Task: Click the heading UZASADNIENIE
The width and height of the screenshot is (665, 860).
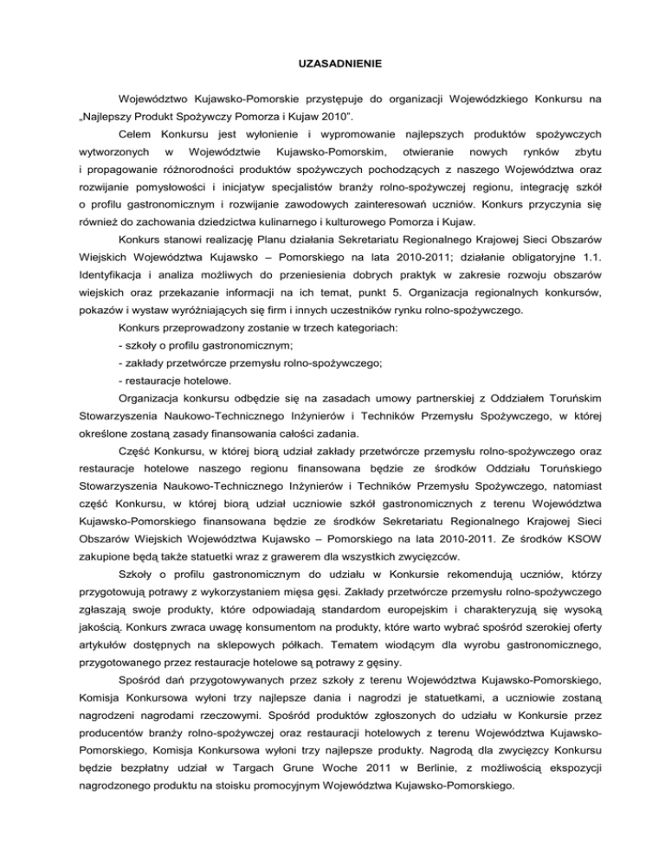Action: [332, 64]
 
